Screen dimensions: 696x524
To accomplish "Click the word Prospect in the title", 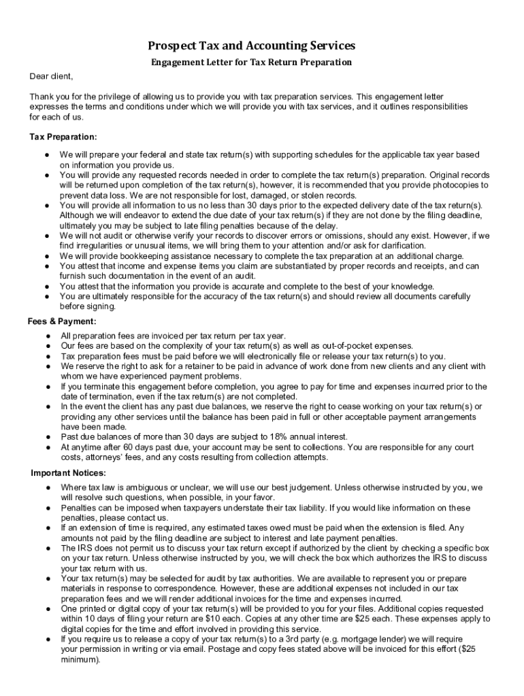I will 172,46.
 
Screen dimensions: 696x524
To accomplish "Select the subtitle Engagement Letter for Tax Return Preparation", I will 251,63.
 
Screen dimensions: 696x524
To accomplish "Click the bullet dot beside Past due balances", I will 48,436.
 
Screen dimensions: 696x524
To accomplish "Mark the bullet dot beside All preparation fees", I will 48,336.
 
